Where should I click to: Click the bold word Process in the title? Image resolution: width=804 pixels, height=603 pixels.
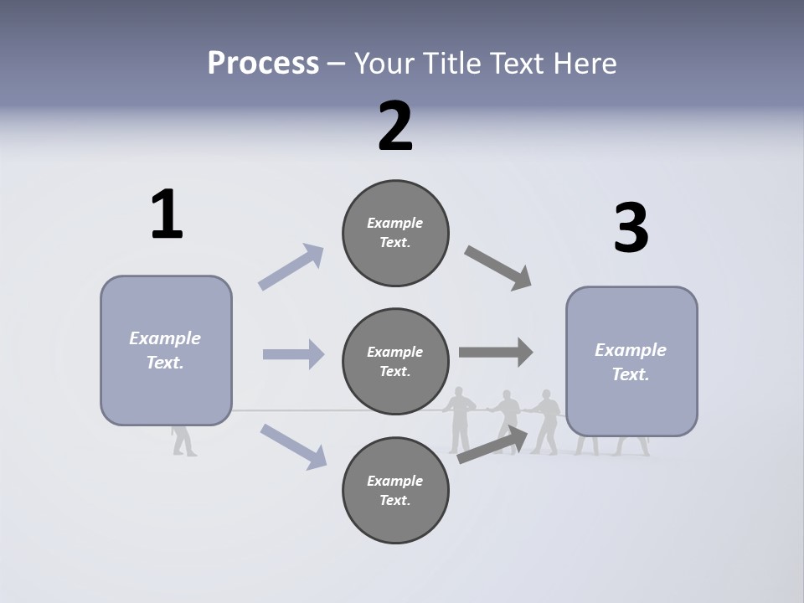click(x=263, y=63)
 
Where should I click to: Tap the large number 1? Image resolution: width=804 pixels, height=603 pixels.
click(x=167, y=214)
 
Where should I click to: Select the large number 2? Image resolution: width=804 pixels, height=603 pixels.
click(x=395, y=126)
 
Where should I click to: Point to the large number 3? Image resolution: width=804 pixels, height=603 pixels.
click(x=631, y=228)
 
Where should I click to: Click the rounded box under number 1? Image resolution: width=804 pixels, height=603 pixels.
click(x=166, y=350)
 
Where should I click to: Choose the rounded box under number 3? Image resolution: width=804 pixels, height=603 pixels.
click(x=631, y=362)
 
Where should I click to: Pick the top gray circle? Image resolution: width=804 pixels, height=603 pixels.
click(x=395, y=233)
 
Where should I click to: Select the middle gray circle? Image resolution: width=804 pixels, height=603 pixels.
click(x=395, y=361)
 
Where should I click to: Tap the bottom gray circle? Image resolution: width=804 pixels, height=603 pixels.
click(x=395, y=490)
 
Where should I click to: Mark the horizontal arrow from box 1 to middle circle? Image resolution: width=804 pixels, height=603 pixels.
click(x=293, y=354)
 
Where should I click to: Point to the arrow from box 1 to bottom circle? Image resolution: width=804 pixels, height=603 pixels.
click(x=293, y=446)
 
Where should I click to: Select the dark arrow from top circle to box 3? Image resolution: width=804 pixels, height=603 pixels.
click(x=498, y=268)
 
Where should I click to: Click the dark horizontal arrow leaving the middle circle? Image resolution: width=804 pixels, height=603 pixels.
click(x=496, y=352)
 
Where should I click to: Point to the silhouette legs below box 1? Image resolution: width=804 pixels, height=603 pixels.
click(x=184, y=441)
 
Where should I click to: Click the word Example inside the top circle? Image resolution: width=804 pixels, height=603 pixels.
click(x=394, y=223)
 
